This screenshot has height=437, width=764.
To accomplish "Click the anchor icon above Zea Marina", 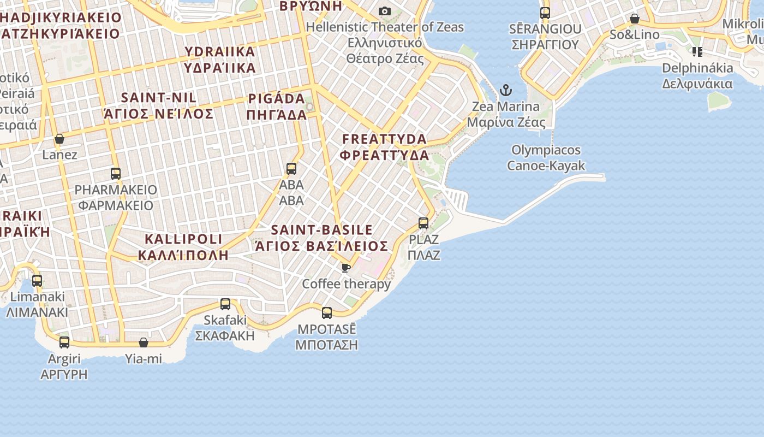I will tap(506, 90).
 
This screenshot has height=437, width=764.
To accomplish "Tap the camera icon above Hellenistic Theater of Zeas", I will tap(385, 11).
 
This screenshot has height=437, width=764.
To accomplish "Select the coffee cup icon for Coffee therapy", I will tap(345, 267).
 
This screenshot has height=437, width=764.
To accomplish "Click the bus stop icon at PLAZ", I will tap(423, 223).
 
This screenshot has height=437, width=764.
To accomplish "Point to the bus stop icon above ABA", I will tap(291, 168).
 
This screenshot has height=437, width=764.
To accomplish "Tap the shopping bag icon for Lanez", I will tap(59, 139).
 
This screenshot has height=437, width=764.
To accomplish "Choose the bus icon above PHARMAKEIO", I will tap(116, 174).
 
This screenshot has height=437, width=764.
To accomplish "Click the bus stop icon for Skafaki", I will tap(225, 304).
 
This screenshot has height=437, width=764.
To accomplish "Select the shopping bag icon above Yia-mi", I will tap(144, 342).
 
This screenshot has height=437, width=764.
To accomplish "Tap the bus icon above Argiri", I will tap(64, 342).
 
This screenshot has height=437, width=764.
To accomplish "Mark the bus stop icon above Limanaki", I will tap(37, 281).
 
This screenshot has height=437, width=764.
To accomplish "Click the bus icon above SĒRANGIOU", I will tap(545, 13).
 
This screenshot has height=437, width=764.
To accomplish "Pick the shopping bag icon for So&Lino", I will tap(635, 19).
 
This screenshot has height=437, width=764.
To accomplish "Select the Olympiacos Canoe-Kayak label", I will tap(546, 157).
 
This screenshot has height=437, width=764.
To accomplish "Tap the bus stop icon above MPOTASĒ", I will tap(327, 313).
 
